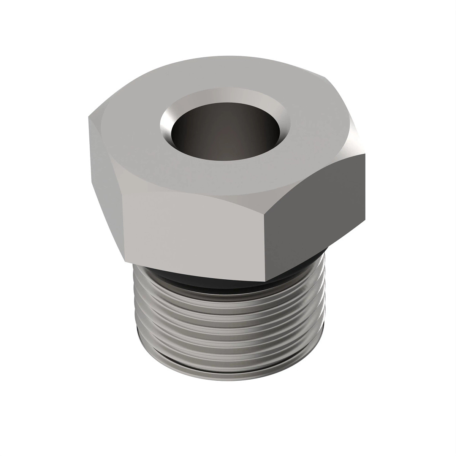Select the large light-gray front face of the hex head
tap(194, 228)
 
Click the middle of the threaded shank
tap(228, 331)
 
